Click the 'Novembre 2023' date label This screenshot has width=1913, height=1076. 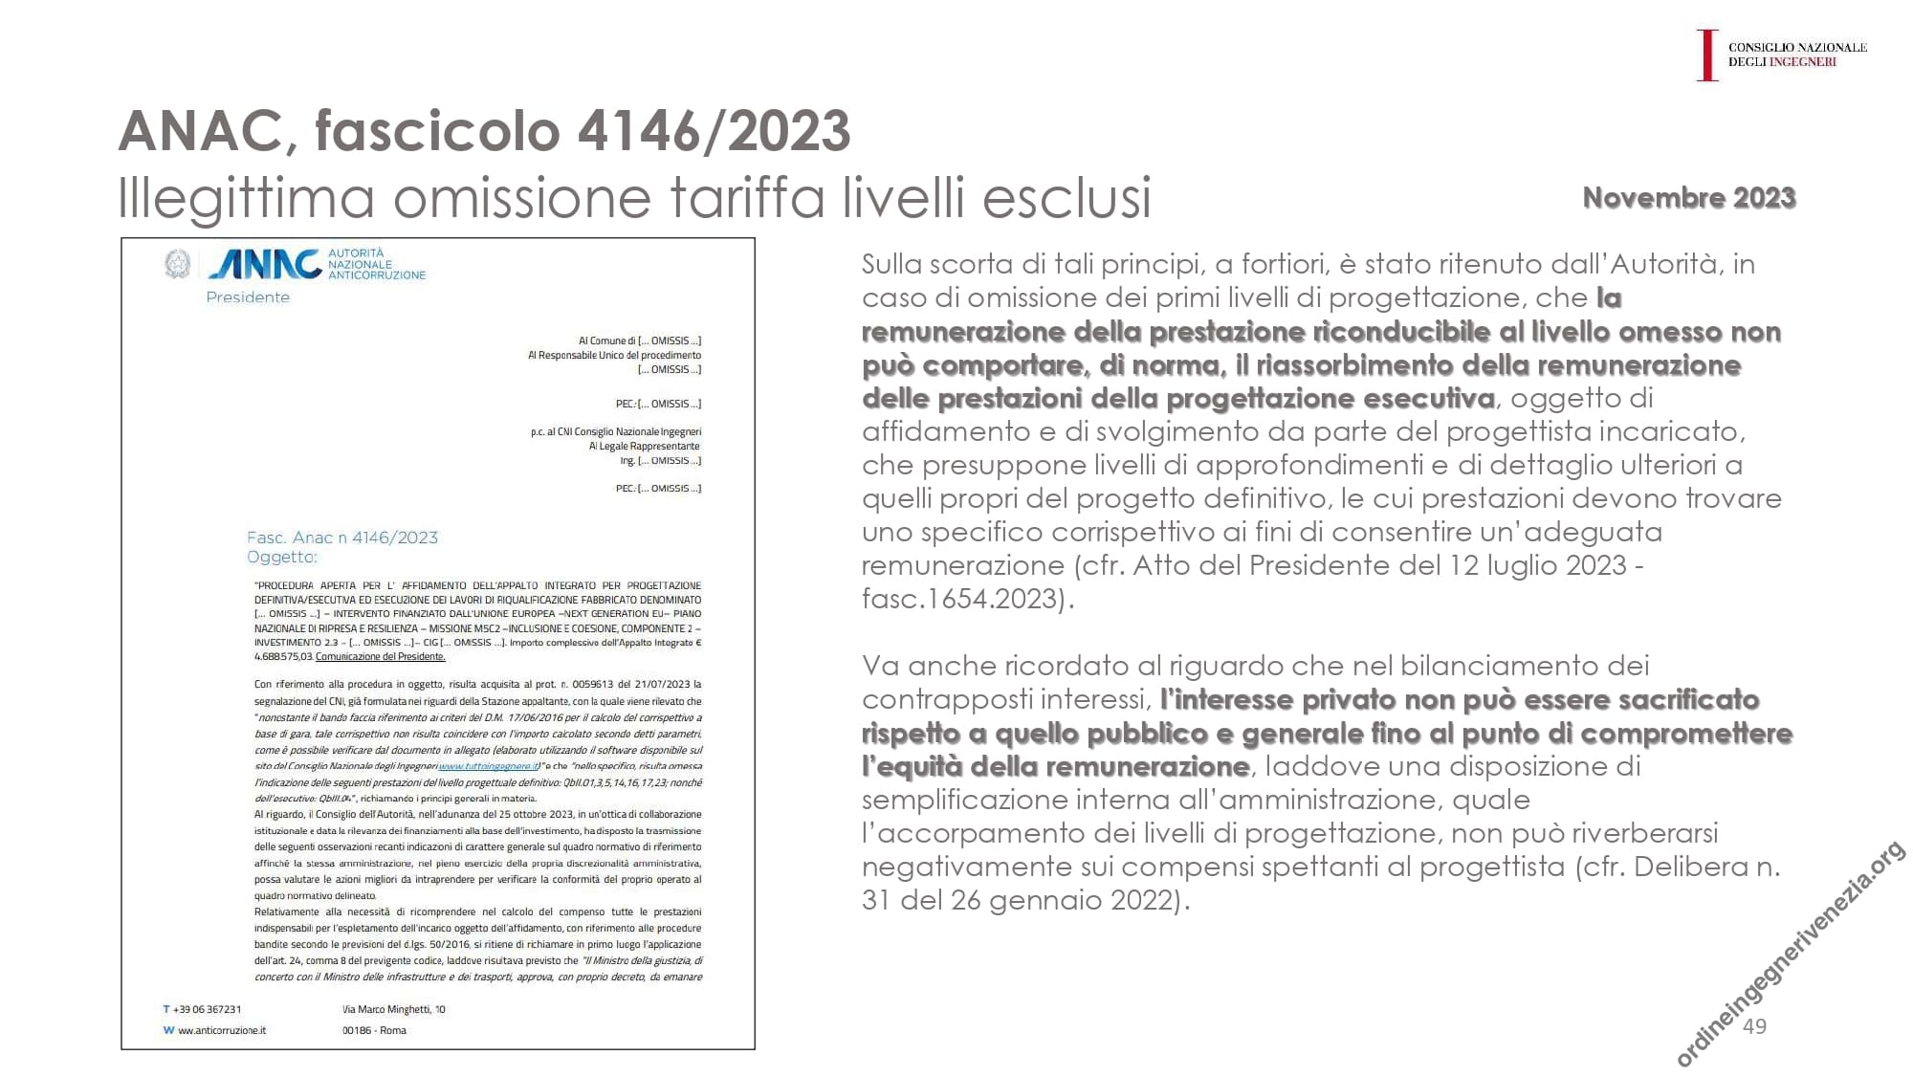click(1688, 197)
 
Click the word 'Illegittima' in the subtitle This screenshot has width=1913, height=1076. click(246, 197)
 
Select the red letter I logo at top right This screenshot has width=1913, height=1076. click(1706, 55)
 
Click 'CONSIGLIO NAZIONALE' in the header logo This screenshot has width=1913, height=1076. click(1797, 47)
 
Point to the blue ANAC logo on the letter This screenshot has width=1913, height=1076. click(264, 263)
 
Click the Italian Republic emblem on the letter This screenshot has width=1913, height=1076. click(177, 264)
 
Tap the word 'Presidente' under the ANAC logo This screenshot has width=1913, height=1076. click(248, 297)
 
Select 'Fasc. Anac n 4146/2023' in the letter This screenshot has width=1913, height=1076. click(342, 538)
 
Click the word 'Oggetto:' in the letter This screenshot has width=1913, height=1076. click(281, 557)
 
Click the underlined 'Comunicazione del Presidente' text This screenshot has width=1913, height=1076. click(381, 656)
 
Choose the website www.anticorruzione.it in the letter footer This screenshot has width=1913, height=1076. click(222, 1030)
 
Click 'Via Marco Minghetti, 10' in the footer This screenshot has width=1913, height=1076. click(393, 1009)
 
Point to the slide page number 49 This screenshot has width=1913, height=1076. click(1754, 1026)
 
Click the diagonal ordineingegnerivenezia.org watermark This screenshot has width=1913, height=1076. click(1790, 967)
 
